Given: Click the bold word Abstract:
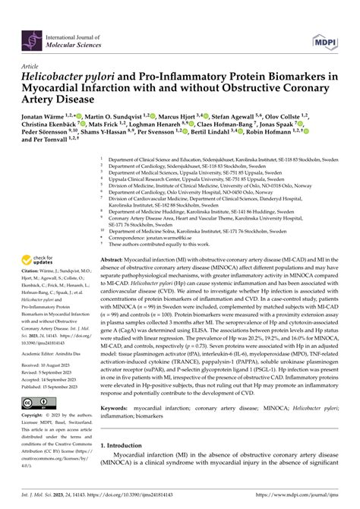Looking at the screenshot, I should click(115, 261).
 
